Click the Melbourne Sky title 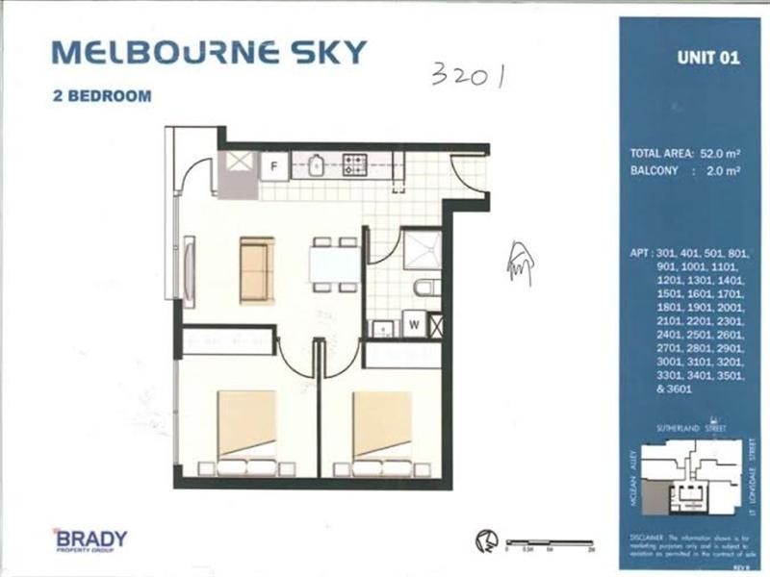209,52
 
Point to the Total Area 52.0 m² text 681,153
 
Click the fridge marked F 274,166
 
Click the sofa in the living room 257,269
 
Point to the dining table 335,263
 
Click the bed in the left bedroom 246,432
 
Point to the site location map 690,472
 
